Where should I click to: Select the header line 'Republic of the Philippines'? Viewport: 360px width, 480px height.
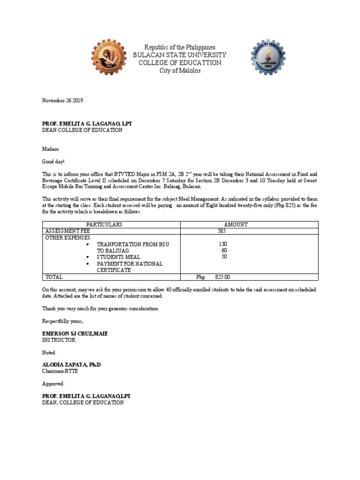[180, 47]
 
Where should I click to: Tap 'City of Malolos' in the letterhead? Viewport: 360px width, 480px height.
[180, 70]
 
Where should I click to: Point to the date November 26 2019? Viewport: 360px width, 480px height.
[63, 100]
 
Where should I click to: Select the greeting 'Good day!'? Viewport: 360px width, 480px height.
[53, 161]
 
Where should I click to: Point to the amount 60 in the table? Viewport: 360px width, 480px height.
[224, 250]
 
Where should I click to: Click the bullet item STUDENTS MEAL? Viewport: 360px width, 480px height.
[118, 257]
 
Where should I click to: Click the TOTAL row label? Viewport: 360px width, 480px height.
[54, 277]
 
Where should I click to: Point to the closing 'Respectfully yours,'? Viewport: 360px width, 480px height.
[63, 321]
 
